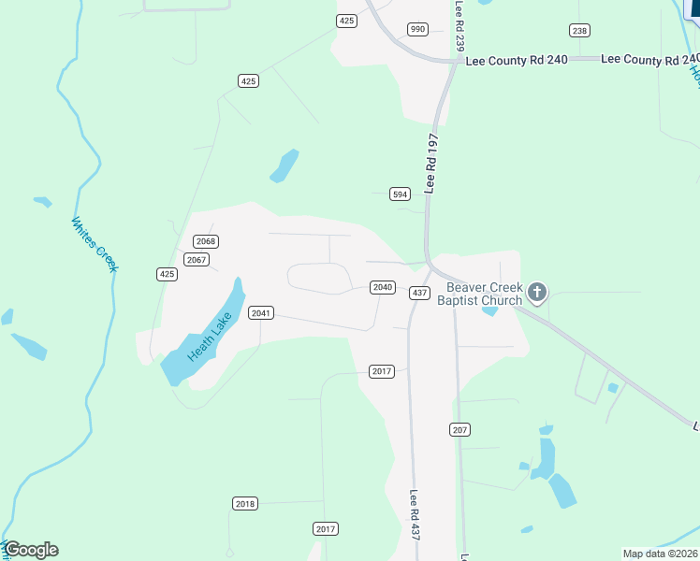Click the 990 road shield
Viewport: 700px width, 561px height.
tap(417, 29)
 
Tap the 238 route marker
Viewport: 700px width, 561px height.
tap(580, 31)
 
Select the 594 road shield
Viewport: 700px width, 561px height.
tap(400, 194)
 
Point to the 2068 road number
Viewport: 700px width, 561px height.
tap(206, 241)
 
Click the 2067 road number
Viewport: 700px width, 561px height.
tap(196, 259)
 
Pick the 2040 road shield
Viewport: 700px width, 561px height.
tap(382, 287)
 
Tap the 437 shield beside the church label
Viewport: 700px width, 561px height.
tap(419, 294)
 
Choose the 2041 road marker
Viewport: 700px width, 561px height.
tap(261, 312)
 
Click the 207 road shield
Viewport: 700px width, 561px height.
tap(459, 430)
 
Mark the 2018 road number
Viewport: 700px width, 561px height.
tap(244, 504)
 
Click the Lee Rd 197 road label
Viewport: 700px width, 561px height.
tap(431, 163)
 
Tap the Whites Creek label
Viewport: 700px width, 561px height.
tap(95, 245)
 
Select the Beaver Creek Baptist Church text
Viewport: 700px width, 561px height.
tap(484, 294)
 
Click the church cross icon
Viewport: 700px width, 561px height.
tap(537, 294)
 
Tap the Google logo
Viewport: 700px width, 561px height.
tap(31, 550)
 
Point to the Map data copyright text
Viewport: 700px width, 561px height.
tap(660, 554)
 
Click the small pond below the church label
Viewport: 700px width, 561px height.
tap(489, 310)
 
